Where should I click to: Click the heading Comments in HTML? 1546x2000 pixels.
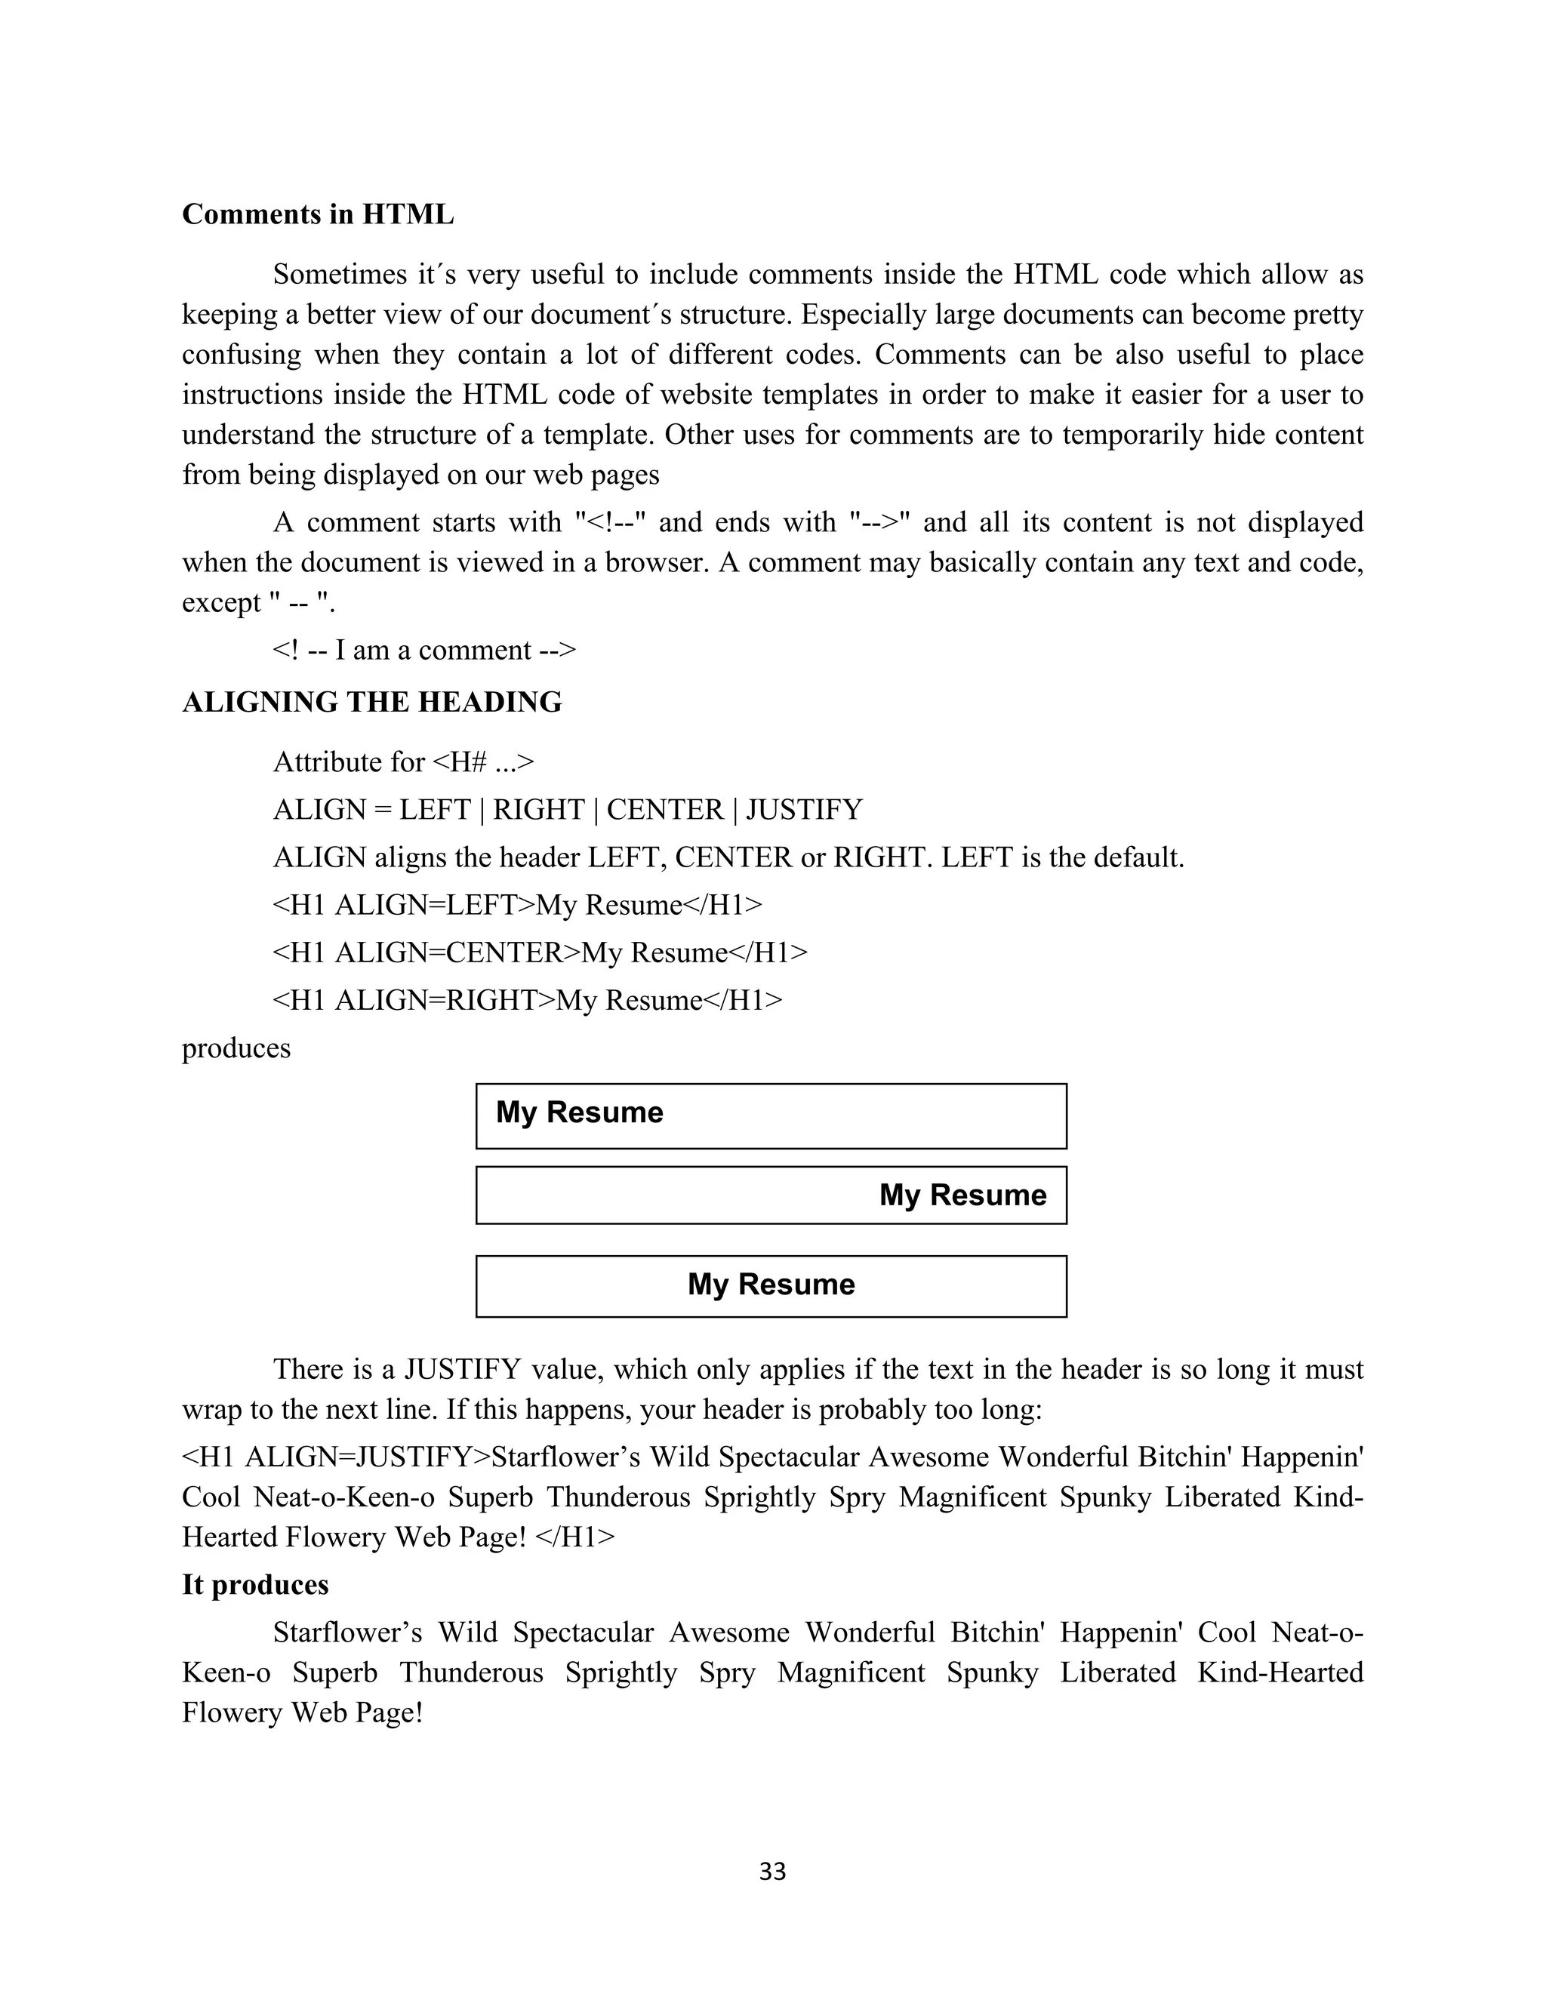pos(318,214)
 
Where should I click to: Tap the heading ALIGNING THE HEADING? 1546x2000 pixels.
pos(372,703)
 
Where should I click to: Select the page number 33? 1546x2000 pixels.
pos(772,1872)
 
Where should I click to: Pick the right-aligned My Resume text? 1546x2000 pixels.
pos(962,1195)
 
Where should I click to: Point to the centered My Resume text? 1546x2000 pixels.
pos(771,1284)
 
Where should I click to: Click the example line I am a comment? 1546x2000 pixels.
pos(424,650)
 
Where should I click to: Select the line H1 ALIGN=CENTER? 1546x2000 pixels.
pos(540,953)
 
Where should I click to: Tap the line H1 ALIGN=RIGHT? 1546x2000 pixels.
pos(528,1000)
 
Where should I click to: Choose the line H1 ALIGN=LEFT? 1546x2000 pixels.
pos(517,906)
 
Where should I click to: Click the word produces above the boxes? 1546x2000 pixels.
pos(236,1048)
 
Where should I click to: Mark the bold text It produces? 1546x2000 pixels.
pos(254,1585)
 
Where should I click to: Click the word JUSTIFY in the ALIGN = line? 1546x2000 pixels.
pos(804,811)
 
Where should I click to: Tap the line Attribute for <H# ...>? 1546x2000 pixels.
pos(403,763)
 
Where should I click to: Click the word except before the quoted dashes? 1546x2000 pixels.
pos(220,604)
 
